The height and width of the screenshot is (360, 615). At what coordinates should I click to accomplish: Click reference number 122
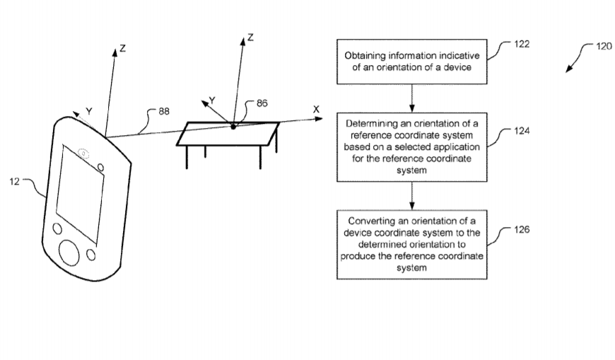522,44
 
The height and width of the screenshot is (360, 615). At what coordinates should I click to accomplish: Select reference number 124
522,131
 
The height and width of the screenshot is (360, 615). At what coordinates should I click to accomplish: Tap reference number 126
522,229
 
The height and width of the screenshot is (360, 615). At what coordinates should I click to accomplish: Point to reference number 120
604,46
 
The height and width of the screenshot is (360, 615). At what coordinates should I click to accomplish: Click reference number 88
164,112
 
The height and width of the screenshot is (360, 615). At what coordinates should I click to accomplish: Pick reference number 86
262,103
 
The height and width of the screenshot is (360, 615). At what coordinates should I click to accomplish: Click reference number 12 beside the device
14,181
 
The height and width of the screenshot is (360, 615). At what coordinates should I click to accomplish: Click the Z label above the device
123,48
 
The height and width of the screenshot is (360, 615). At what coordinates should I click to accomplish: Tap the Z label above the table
250,37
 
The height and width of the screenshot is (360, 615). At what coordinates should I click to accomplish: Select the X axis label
316,110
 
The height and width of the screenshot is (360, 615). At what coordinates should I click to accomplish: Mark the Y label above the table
212,100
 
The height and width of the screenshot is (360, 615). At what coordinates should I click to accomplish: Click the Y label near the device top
89,112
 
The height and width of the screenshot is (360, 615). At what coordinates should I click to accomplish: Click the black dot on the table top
233,127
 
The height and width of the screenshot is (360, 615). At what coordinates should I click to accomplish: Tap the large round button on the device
69,252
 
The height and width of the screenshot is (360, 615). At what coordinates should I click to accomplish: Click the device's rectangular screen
81,194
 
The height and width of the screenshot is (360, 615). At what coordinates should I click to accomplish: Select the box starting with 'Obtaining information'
412,62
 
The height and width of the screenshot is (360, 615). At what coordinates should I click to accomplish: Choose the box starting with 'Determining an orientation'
412,147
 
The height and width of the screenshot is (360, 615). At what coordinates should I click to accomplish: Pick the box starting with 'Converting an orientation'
412,245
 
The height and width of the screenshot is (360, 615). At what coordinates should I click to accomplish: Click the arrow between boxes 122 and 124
412,98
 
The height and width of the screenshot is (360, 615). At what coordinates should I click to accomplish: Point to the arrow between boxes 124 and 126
412,196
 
